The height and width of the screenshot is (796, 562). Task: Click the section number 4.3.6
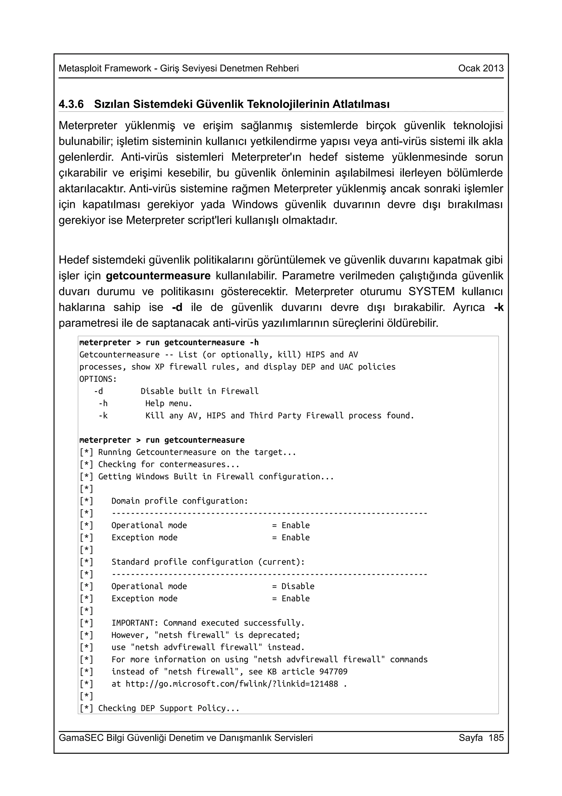71,104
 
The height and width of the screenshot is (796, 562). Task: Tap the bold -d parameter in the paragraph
177,307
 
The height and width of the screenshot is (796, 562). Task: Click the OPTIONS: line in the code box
98,379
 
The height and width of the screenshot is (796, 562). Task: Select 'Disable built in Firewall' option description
199,391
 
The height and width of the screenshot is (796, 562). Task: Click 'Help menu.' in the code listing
169,403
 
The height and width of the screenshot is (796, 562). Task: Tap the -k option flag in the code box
103,415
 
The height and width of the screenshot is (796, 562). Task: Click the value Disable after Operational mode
298,586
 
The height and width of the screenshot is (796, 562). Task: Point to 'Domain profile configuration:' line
180,501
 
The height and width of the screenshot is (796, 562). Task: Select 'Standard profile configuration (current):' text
208,562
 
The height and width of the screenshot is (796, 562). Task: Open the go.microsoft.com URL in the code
231,684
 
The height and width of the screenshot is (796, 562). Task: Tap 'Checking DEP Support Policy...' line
169,708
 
